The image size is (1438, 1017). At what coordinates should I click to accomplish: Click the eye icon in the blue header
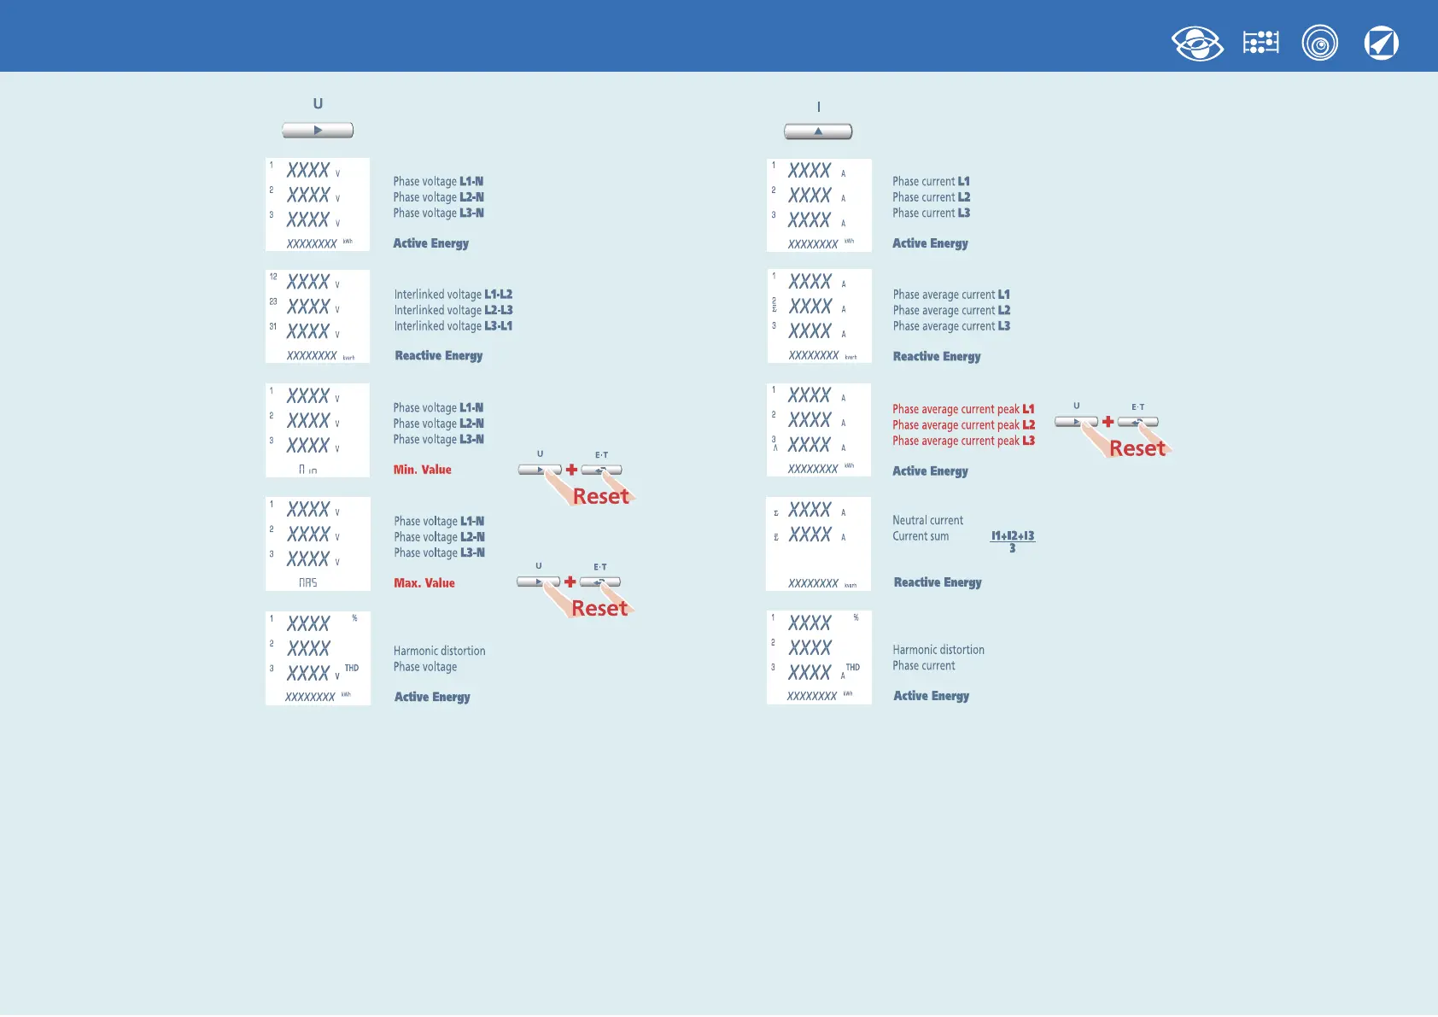(1197, 44)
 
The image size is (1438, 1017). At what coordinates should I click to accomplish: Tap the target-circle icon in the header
(1319, 44)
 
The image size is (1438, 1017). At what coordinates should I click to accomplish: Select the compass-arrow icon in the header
(1381, 44)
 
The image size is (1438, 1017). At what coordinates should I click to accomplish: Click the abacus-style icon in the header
(1260, 43)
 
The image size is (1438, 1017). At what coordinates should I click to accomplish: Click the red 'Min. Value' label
(422, 470)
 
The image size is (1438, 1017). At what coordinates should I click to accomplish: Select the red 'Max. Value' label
(424, 583)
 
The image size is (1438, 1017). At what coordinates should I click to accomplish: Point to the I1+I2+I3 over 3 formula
(1012, 541)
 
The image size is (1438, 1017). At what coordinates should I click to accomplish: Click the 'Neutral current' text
(927, 520)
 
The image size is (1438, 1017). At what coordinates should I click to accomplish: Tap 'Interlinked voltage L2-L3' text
(453, 310)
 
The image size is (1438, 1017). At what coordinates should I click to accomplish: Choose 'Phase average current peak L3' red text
(963, 441)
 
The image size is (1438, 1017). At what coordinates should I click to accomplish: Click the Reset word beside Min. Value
(600, 496)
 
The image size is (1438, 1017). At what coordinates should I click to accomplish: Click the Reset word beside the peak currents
(1137, 448)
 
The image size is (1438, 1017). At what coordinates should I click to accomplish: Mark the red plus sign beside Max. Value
(570, 582)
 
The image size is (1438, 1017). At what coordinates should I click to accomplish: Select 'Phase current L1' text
(931, 181)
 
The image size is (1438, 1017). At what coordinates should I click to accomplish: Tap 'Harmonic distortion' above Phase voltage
(439, 651)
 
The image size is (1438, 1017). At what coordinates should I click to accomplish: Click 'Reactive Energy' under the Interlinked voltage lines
(438, 355)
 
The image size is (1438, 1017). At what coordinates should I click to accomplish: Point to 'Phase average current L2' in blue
(951, 310)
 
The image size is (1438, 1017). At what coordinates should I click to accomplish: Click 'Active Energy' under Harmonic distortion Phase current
(931, 696)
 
